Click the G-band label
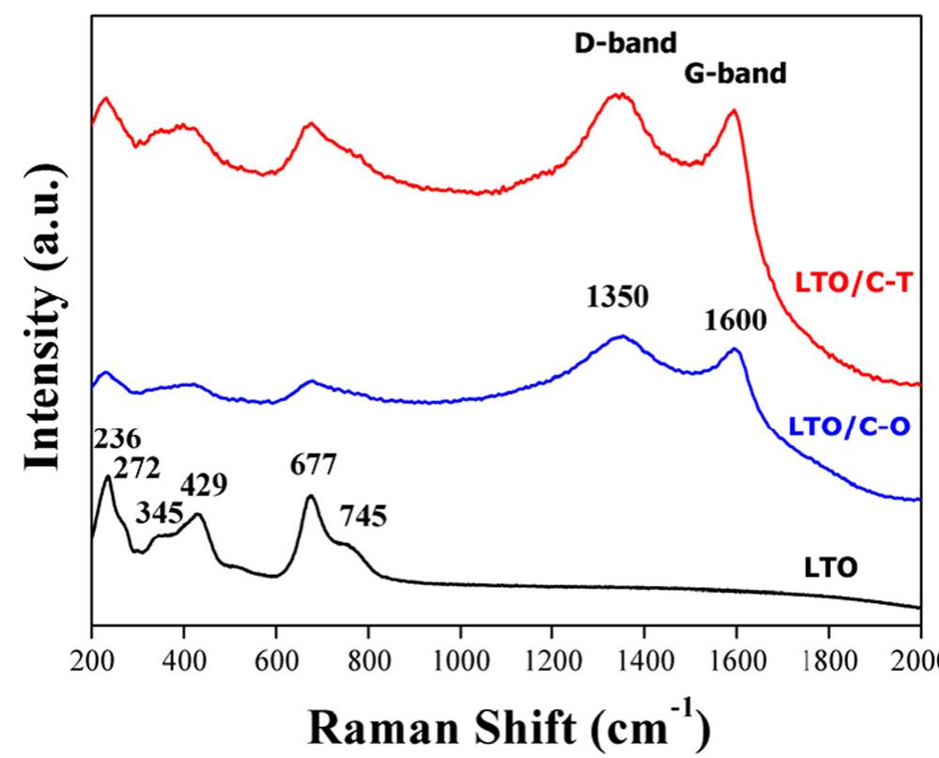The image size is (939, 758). click(x=734, y=73)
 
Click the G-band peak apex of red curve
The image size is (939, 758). click(x=733, y=111)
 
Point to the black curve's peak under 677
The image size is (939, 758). click(x=310, y=496)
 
